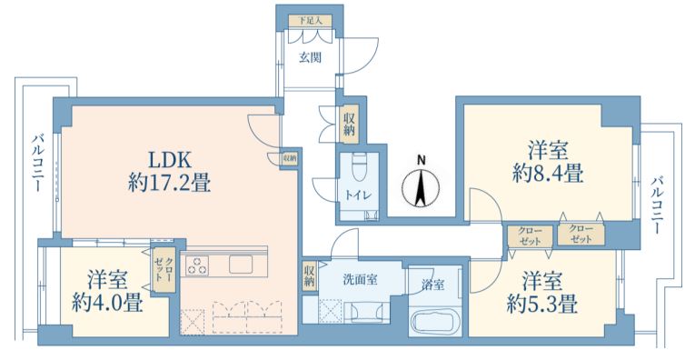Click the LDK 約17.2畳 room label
169,171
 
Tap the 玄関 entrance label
310,57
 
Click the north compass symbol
421,185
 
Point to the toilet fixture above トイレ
359,166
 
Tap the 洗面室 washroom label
361,279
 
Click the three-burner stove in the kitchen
197,265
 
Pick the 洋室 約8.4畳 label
548,161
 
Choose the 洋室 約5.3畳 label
542,292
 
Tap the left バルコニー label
37,163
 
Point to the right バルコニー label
658,205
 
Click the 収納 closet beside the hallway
350,124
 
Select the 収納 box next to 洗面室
310,276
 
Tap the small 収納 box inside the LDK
290,158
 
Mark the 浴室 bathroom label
432,285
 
